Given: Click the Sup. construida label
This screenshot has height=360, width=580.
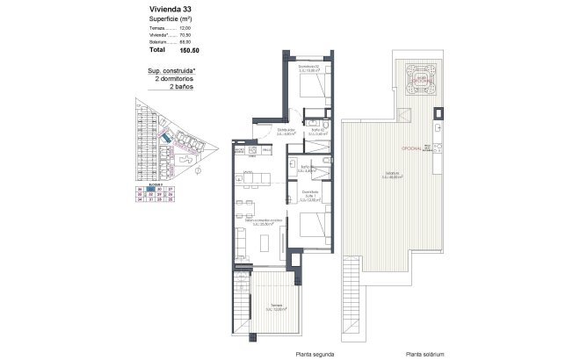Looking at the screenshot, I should [x=171, y=71].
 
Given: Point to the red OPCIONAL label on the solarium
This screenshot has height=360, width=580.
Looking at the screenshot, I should [x=414, y=148].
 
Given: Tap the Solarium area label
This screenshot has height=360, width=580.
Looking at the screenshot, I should [x=391, y=175].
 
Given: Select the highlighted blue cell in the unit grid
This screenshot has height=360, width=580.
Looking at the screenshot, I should [x=150, y=189].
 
